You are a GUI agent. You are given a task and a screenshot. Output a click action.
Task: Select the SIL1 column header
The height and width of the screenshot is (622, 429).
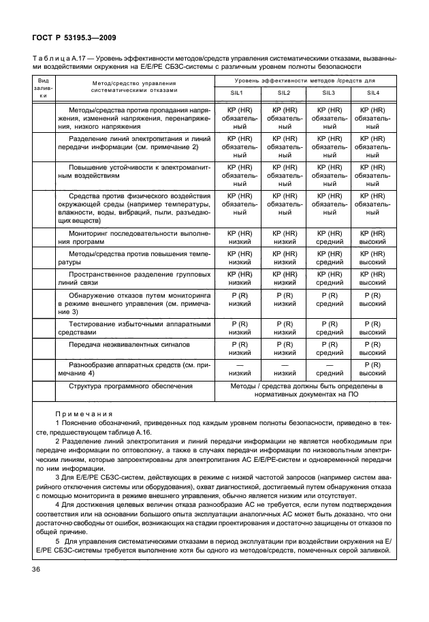pyautogui.click(x=240, y=93)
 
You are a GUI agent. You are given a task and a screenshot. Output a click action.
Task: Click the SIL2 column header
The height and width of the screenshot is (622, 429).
pyautogui.click(x=285, y=93)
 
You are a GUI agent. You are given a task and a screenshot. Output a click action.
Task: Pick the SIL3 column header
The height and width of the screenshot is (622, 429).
pyautogui.click(x=329, y=93)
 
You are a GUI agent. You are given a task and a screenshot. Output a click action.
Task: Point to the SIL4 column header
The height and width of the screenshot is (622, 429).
pyautogui.click(x=373, y=93)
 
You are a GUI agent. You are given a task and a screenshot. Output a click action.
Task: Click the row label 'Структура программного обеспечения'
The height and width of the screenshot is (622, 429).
pyautogui.click(x=131, y=386)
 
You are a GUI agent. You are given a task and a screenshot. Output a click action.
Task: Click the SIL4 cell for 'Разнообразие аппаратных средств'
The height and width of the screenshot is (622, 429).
pyautogui.click(x=373, y=369)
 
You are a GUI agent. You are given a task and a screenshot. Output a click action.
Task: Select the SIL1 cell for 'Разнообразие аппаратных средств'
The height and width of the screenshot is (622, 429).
pyautogui.click(x=240, y=369)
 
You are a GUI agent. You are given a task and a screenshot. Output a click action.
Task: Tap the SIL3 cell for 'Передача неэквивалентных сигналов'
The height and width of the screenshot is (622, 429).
pyautogui.click(x=329, y=349)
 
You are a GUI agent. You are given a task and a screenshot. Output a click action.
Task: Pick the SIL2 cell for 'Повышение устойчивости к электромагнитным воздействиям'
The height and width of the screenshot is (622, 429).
pyautogui.click(x=285, y=174)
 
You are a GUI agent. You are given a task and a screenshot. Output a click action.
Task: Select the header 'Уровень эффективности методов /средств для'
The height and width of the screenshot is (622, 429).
pyautogui.click(x=307, y=81)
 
